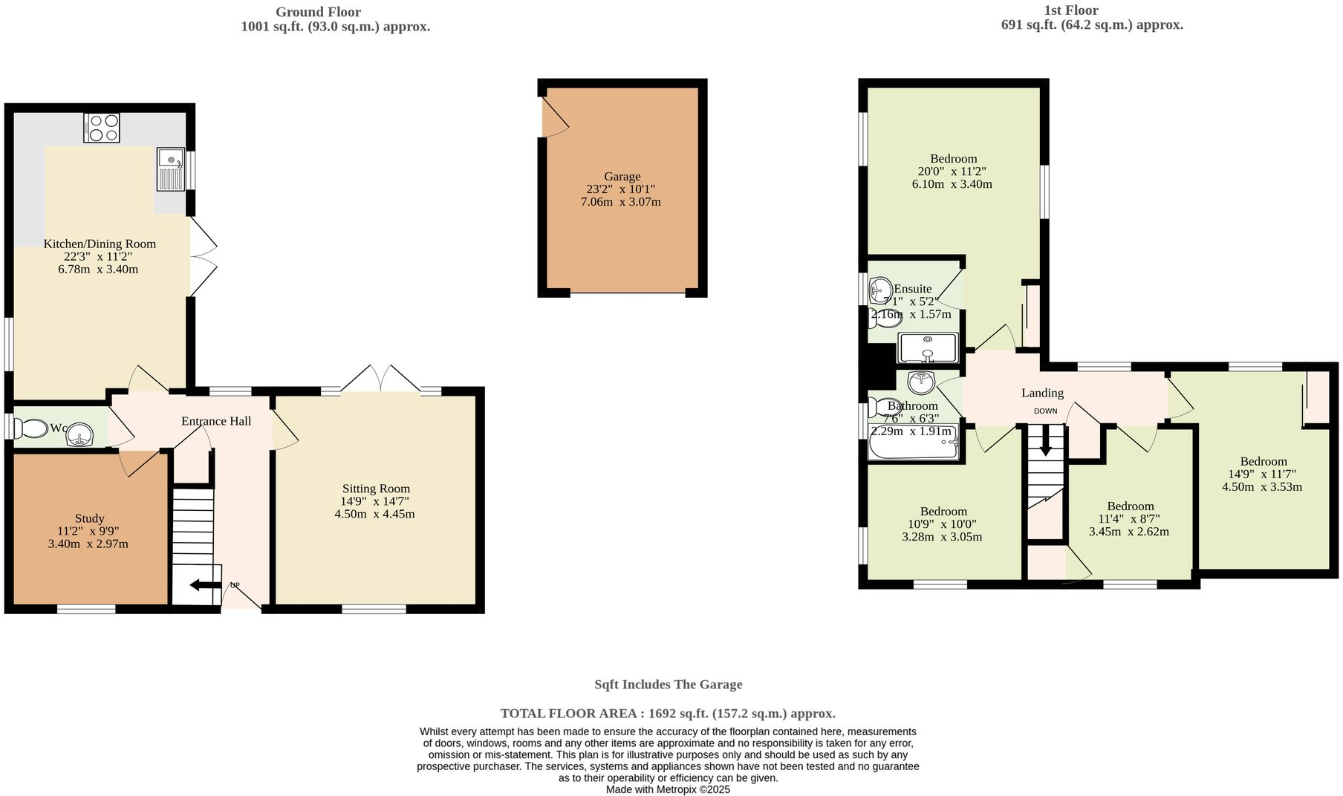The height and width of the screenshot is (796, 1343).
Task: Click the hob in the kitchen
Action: click(x=102, y=127)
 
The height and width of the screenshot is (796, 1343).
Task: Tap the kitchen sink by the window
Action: click(x=170, y=169)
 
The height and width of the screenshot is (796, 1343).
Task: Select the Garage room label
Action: click(x=622, y=177)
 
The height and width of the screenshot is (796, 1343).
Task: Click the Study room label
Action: click(x=89, y=518)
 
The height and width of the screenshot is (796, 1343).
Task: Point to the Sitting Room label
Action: click(x=376, y=489)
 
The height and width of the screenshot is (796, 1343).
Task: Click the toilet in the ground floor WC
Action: click(x=30, y=428)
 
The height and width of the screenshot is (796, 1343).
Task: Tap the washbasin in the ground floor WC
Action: click(x=80, y=435)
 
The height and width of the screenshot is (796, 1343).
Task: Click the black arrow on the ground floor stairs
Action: click(x=205, y=585)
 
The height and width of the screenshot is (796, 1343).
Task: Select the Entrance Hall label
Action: click(x=216, y=421)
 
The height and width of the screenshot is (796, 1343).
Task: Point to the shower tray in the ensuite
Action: click(x=928, y=348)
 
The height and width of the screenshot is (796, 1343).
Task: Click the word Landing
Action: click(x=1042, y=393)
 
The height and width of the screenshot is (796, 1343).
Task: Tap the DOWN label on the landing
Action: click(x=1045, y=411)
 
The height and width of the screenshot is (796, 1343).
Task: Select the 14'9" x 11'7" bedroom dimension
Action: click(x=1262, y=474)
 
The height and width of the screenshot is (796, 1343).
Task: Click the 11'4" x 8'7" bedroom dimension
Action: click(x=1129, y=519)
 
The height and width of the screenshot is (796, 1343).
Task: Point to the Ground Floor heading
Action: click(x=318, y=12)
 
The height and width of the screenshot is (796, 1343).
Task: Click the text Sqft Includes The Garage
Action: click(x=669, y=685)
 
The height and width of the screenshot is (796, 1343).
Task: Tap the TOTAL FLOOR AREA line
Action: click(x=668, y=714)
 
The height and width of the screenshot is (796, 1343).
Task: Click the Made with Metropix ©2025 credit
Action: click(x=668, y=789)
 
